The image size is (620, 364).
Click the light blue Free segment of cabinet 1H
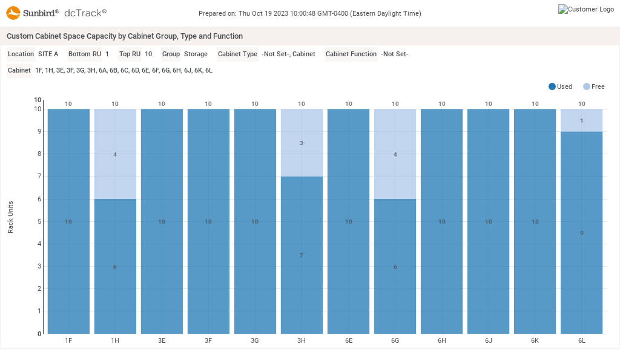[115, 154]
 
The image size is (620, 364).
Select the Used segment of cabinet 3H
[302, 255]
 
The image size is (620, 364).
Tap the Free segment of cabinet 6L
[582, 120]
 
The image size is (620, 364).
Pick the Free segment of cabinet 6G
[395, 154]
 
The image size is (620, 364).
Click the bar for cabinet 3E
[162, 221]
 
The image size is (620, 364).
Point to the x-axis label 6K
[535, 340]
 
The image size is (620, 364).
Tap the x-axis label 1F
[68, 340]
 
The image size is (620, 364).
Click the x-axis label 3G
[255, 340]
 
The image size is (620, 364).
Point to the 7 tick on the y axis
[39, 176]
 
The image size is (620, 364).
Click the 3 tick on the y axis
[39, 266]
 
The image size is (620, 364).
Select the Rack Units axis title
[10, 217]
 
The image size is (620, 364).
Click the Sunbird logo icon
[13, 12]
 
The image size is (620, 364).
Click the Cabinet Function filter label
[351, 54]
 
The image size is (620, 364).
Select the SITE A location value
[48, 54]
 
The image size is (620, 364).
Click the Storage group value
[196, 54]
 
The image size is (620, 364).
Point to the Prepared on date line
[309, 13]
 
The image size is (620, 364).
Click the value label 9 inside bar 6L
[582, 233]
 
